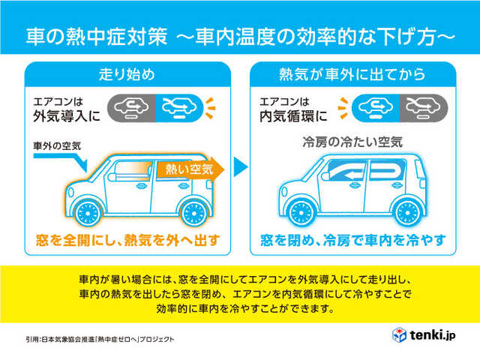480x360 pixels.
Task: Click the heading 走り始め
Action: (x=127, y=74)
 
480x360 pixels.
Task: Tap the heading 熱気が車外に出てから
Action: (x=352, y=74)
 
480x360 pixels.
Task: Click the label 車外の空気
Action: (x=56, y=144)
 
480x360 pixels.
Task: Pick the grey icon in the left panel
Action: (x=130, y=108)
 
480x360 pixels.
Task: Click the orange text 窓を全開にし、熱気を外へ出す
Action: (x=127, y=240)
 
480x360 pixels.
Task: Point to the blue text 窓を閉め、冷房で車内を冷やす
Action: (x=352, y=240)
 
